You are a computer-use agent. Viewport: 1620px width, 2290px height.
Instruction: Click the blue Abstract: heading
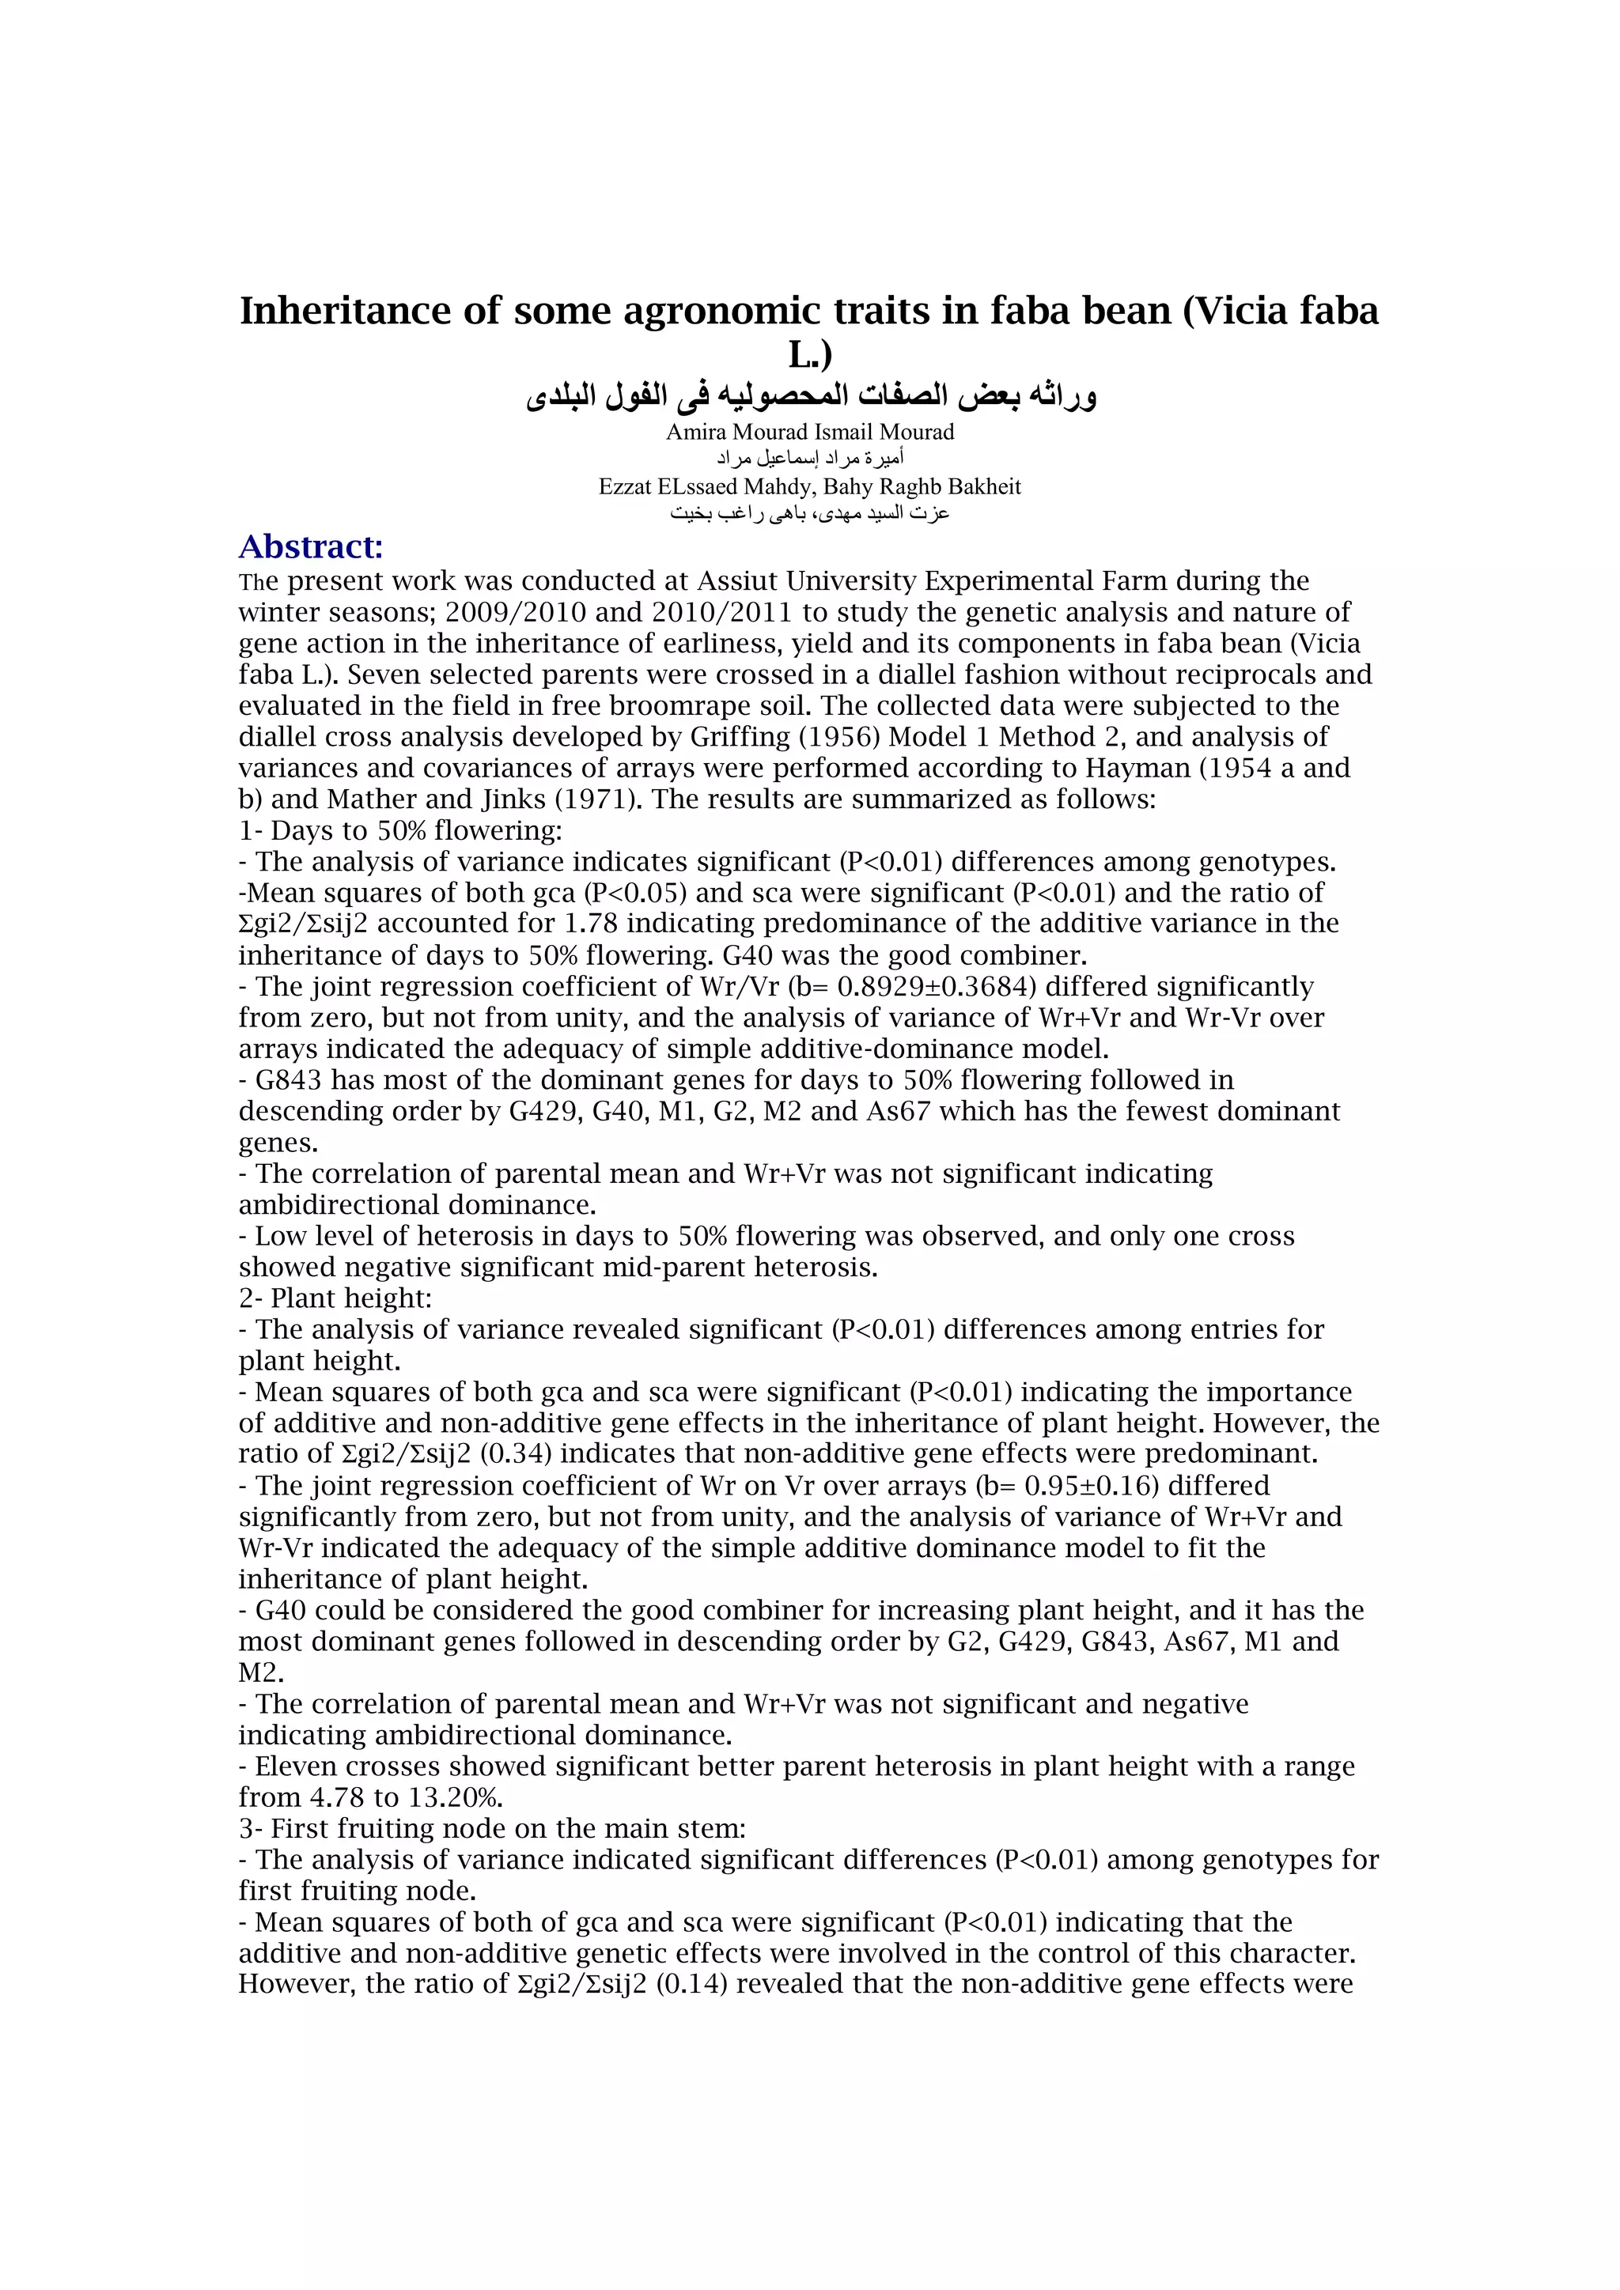[x=310, y=546]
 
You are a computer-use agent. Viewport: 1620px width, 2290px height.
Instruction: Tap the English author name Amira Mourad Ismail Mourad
[x=809, y=432]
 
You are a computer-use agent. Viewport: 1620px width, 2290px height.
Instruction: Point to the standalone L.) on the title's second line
[x=809, y=354]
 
